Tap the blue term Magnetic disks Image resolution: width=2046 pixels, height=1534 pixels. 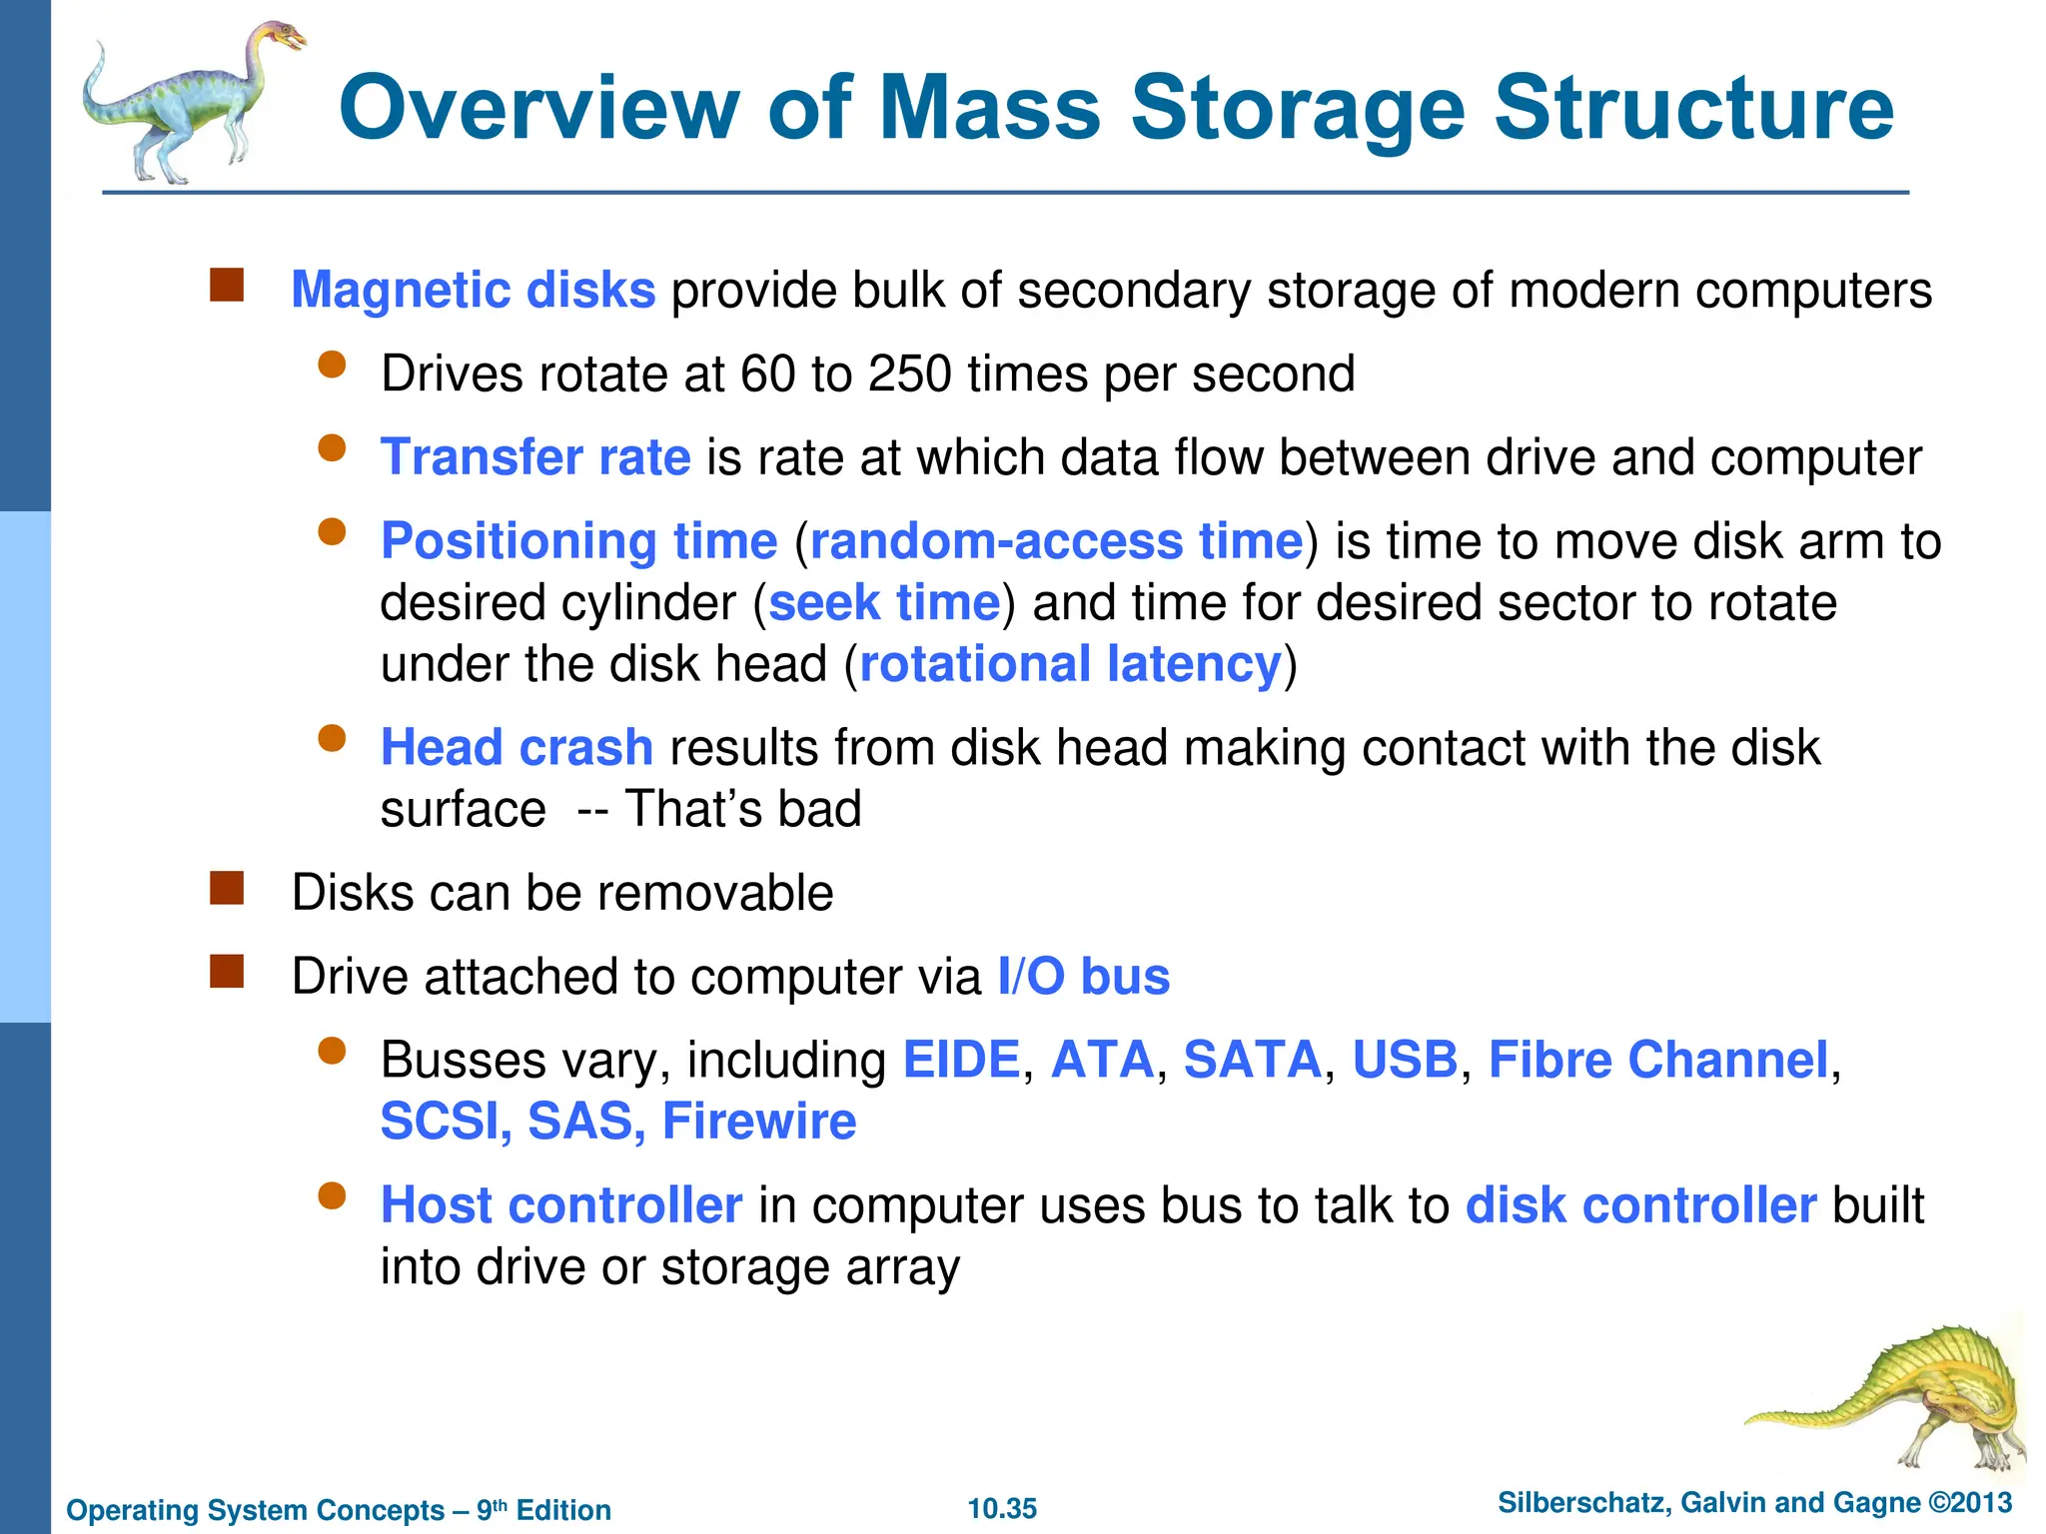pyautogui.click(x=473, y=291)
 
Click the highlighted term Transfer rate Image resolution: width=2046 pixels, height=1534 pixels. pyautogui.click(x=535, y=457)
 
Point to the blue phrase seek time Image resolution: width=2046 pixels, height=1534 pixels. pyautogui.click(x=884, y=603)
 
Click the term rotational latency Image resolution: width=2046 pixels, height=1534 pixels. pyautogui.click(x=1070, y=665)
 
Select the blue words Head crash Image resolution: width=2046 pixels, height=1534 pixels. pyautogui.click(x=516, y=748)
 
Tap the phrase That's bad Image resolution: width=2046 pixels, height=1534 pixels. pyautogui.click(x=742, y=810)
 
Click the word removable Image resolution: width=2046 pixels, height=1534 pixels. pyautogui.click(x=715, y=893)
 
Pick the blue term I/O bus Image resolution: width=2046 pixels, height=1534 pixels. pyautogui.click(x=1083, y=977)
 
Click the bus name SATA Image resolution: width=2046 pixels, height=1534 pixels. pyautogui.click(x=1253, y=1060)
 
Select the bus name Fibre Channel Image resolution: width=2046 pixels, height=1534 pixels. pyautogui.click(x=1658, y=1060)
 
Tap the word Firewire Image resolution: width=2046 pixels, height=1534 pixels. pyautogui.click(x=759, y=1122)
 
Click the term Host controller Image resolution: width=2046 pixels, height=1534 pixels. pyautogui.click(x=561, y=1205)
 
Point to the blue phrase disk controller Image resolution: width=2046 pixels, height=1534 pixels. pyautogui.click(x=1640, y=1205)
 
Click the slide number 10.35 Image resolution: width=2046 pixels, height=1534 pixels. pyautogui.click(x=1002, y=1508)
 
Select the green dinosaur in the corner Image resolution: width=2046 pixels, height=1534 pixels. pyautogui.click(x=1898, y=1398)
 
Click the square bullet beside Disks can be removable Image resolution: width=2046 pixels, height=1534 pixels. pyautogui.click(x=227, y=888)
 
